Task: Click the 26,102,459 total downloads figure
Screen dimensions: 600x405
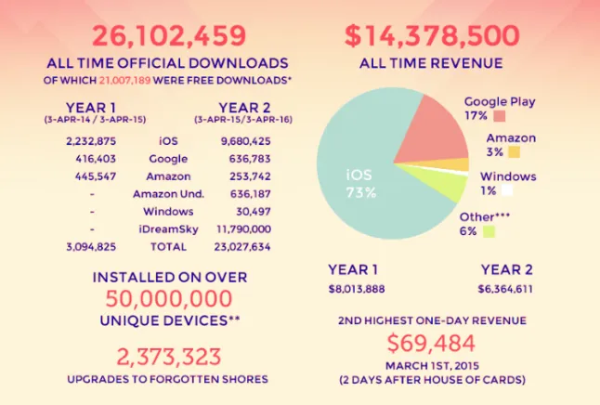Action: click(x=169, y=36)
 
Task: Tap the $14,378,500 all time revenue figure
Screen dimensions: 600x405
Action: click(x=432, y=36)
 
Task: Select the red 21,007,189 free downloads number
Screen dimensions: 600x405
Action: click(x=124, y=81)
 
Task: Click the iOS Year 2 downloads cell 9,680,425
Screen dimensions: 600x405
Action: click(x=245, y=141)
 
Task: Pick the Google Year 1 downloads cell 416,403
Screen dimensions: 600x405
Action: click(x=96, y=159)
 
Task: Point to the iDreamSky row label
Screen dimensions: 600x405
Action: click(x=168, y=229)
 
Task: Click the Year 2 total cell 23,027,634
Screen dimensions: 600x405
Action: click(x=242, y=247)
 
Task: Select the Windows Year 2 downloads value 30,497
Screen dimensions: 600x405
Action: click(x=254, y=212)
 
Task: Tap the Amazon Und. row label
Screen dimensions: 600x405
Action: click(x=168, y=194)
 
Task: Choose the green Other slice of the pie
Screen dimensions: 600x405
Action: click(x=440, y=183)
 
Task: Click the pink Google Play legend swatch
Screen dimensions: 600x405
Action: click(x=500, y=115)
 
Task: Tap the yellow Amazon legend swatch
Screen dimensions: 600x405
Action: click(x=515, y=152)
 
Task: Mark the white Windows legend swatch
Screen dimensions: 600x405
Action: click(x=507, y=190)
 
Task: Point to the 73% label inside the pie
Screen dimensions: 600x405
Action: click(x=361, y=192)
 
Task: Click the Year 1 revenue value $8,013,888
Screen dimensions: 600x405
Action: click(x=357, y=289)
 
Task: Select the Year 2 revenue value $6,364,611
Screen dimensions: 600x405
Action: click(x=505, y=289)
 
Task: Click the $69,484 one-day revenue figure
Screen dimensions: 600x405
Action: click(x=431, y=344)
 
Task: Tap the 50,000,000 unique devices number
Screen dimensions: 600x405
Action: click(x=169, y=298)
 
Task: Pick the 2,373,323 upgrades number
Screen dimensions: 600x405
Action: click(x=169, y=357)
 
